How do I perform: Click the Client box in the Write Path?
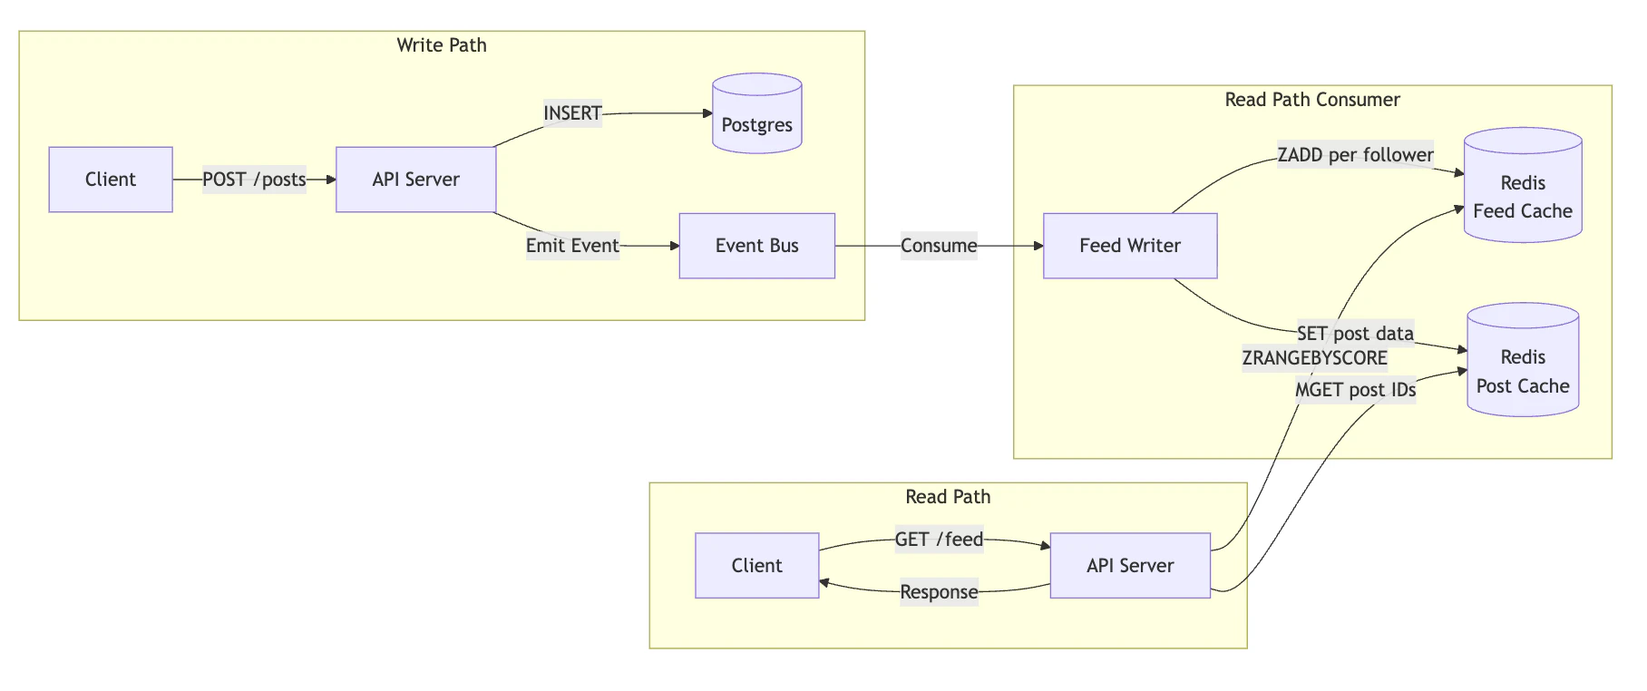(111, 180)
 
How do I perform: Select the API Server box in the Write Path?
(415, 180)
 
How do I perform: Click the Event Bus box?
(756, 246)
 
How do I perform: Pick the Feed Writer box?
(1129, 246)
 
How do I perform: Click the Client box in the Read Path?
(756, 566)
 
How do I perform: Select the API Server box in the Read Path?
(1129, 566)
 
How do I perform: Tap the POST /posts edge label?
(254, 180)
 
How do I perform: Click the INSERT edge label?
(572, 113)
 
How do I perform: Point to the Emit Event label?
(572, 246)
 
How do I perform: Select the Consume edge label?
(938, 246)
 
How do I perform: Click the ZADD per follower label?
(1355, 155)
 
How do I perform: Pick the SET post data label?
(1355, 334)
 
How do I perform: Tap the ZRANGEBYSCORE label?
(1314, 358)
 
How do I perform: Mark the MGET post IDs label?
(1355, 390)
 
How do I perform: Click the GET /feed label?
(938, 540)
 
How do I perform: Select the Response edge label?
(938, 592)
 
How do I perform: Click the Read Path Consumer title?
(1311, 100)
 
